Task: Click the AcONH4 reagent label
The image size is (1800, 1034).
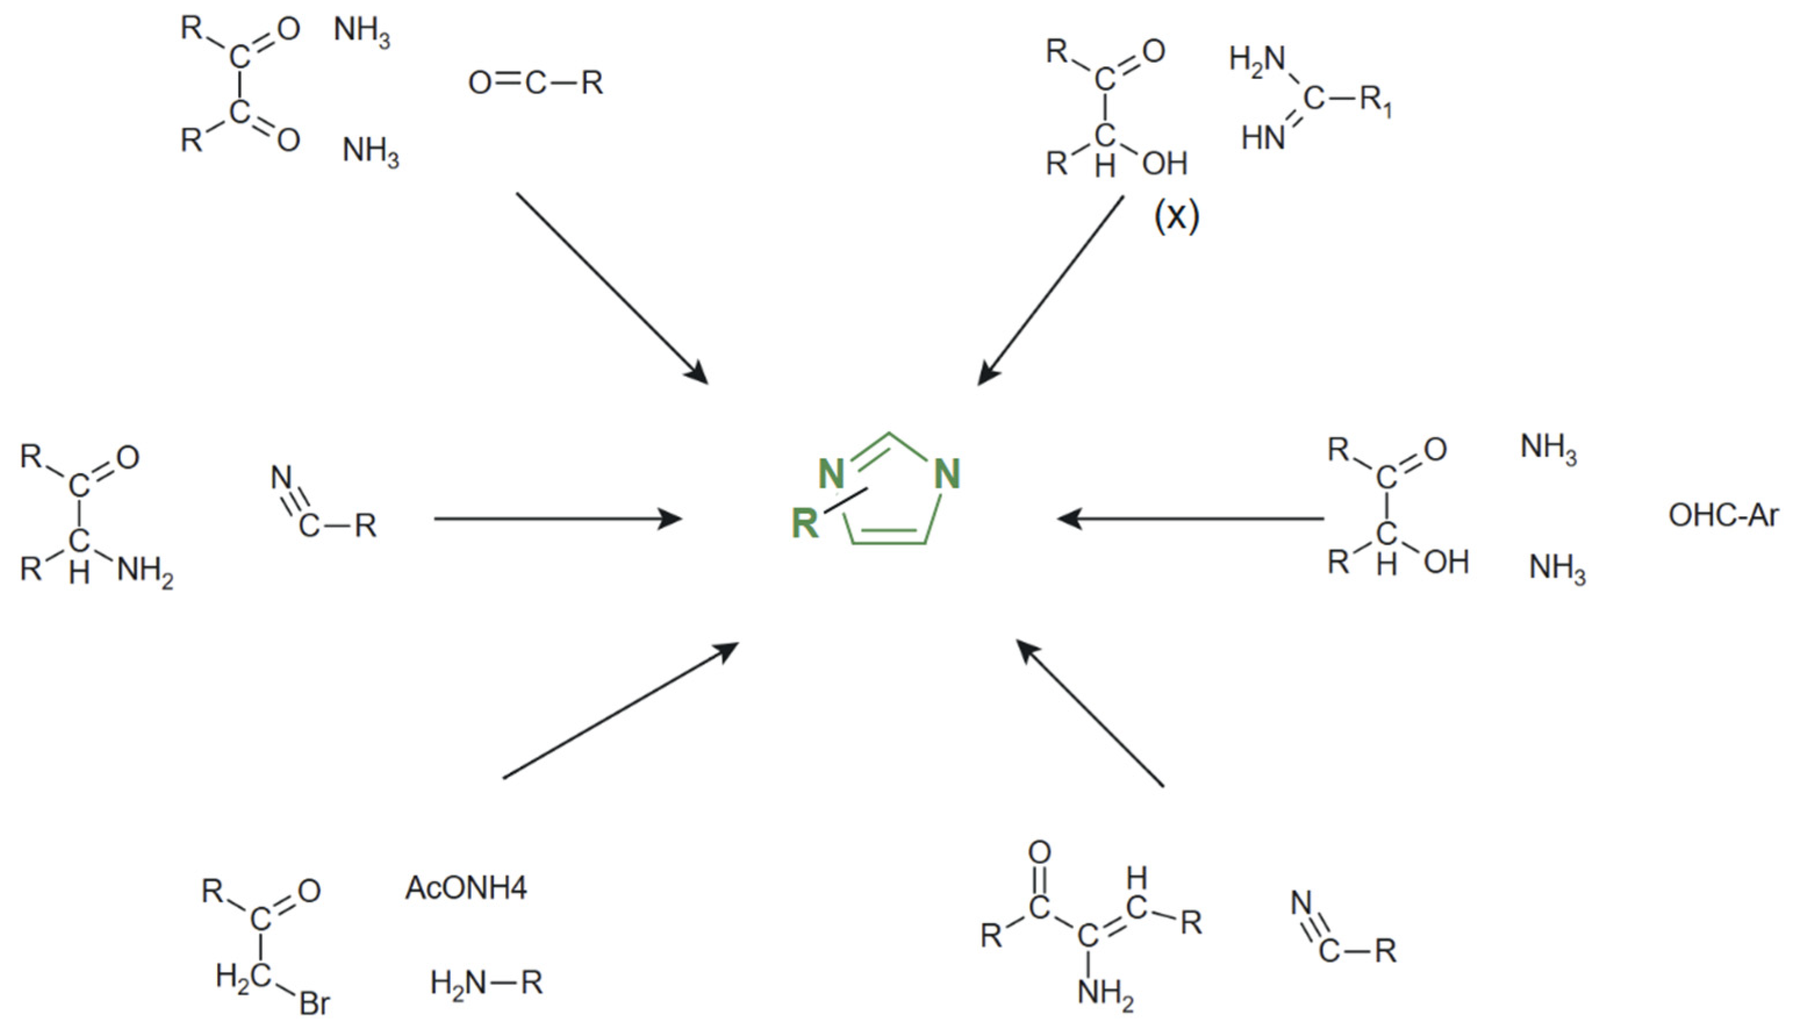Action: [x=466, y=888]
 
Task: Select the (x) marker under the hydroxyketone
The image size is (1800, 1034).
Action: [x=1176, y=216]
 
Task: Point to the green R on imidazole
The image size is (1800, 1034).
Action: [x=805, y=524]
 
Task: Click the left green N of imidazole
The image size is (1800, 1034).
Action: [x=831, y=474]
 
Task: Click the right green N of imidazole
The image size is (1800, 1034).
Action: [x=947, y=474]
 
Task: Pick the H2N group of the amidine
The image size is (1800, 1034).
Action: [x=1258, y=60]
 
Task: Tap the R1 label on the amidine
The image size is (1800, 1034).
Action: [x=1376, y=101]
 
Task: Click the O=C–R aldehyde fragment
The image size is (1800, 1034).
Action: [x=536, y=83]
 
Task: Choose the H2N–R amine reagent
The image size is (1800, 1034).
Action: [x=487, y=983]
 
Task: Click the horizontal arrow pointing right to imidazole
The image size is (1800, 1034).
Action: [x=558, y=519]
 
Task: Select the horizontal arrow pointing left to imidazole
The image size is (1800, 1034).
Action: [x=1190, y=519]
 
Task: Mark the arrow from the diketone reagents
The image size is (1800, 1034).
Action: [x=611, y=287]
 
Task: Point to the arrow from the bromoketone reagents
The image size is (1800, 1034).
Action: [x=620, y=711]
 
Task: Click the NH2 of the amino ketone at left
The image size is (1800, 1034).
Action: [x=145, y=571]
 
